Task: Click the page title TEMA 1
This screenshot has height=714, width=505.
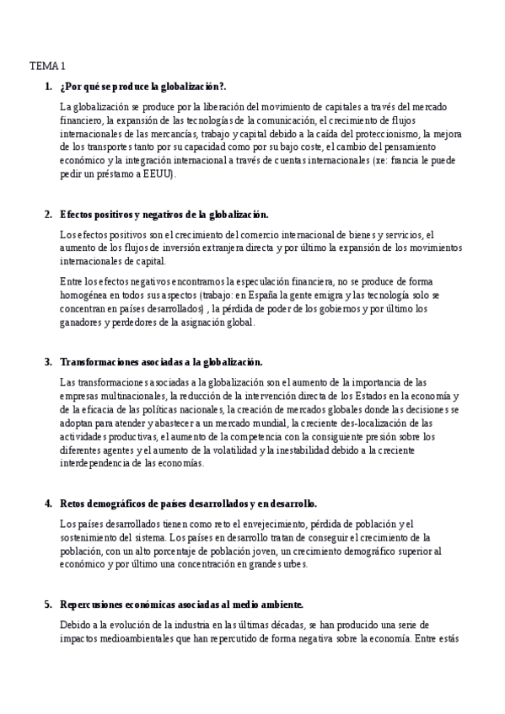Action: pos(47,65)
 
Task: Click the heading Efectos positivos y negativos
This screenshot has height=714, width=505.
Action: pos(164,214)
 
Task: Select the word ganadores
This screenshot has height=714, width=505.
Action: pos(87,322)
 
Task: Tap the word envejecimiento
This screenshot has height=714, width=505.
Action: pos(284,524)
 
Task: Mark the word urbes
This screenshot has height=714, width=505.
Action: pos(294,564)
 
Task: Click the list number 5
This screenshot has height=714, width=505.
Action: pos(48,605)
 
